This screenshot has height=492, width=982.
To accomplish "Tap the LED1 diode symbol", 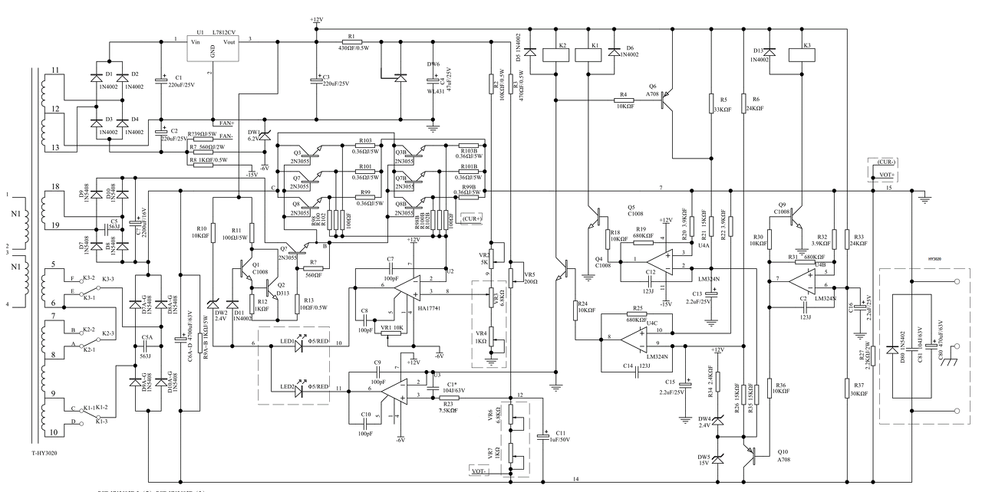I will click(298, 343).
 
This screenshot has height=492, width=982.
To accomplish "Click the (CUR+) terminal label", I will click(472, 218).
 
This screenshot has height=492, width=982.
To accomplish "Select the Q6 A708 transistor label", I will click(653, 90).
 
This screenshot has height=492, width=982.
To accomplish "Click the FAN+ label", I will click(226, 123).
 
